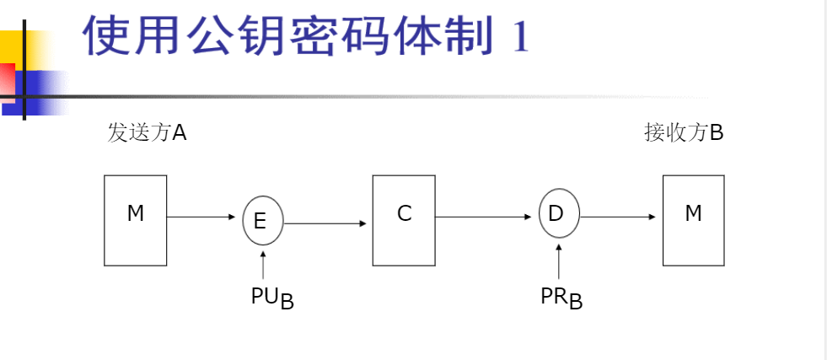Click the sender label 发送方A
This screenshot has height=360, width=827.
tap(147, 133)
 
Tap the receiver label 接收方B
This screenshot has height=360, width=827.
tap(684, 133)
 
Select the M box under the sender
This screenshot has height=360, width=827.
tap(136, 220)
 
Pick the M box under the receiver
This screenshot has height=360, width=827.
tap(693, 220)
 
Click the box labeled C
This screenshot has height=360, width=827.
tap(404, 220)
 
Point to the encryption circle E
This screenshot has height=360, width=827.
tap(263, 221)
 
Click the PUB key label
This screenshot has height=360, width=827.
tap(272, 298)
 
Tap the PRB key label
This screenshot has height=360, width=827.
tap(561, 298)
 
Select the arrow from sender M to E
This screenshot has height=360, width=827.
tap(202, 218)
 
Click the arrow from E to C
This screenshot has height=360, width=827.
tap(326, 223)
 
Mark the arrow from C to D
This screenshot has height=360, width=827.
tap(487, 217)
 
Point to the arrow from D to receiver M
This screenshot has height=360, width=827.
tap(618, 217)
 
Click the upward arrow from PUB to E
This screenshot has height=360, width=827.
tap(263, 264)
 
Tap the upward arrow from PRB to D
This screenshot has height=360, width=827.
tap(559, 260)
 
